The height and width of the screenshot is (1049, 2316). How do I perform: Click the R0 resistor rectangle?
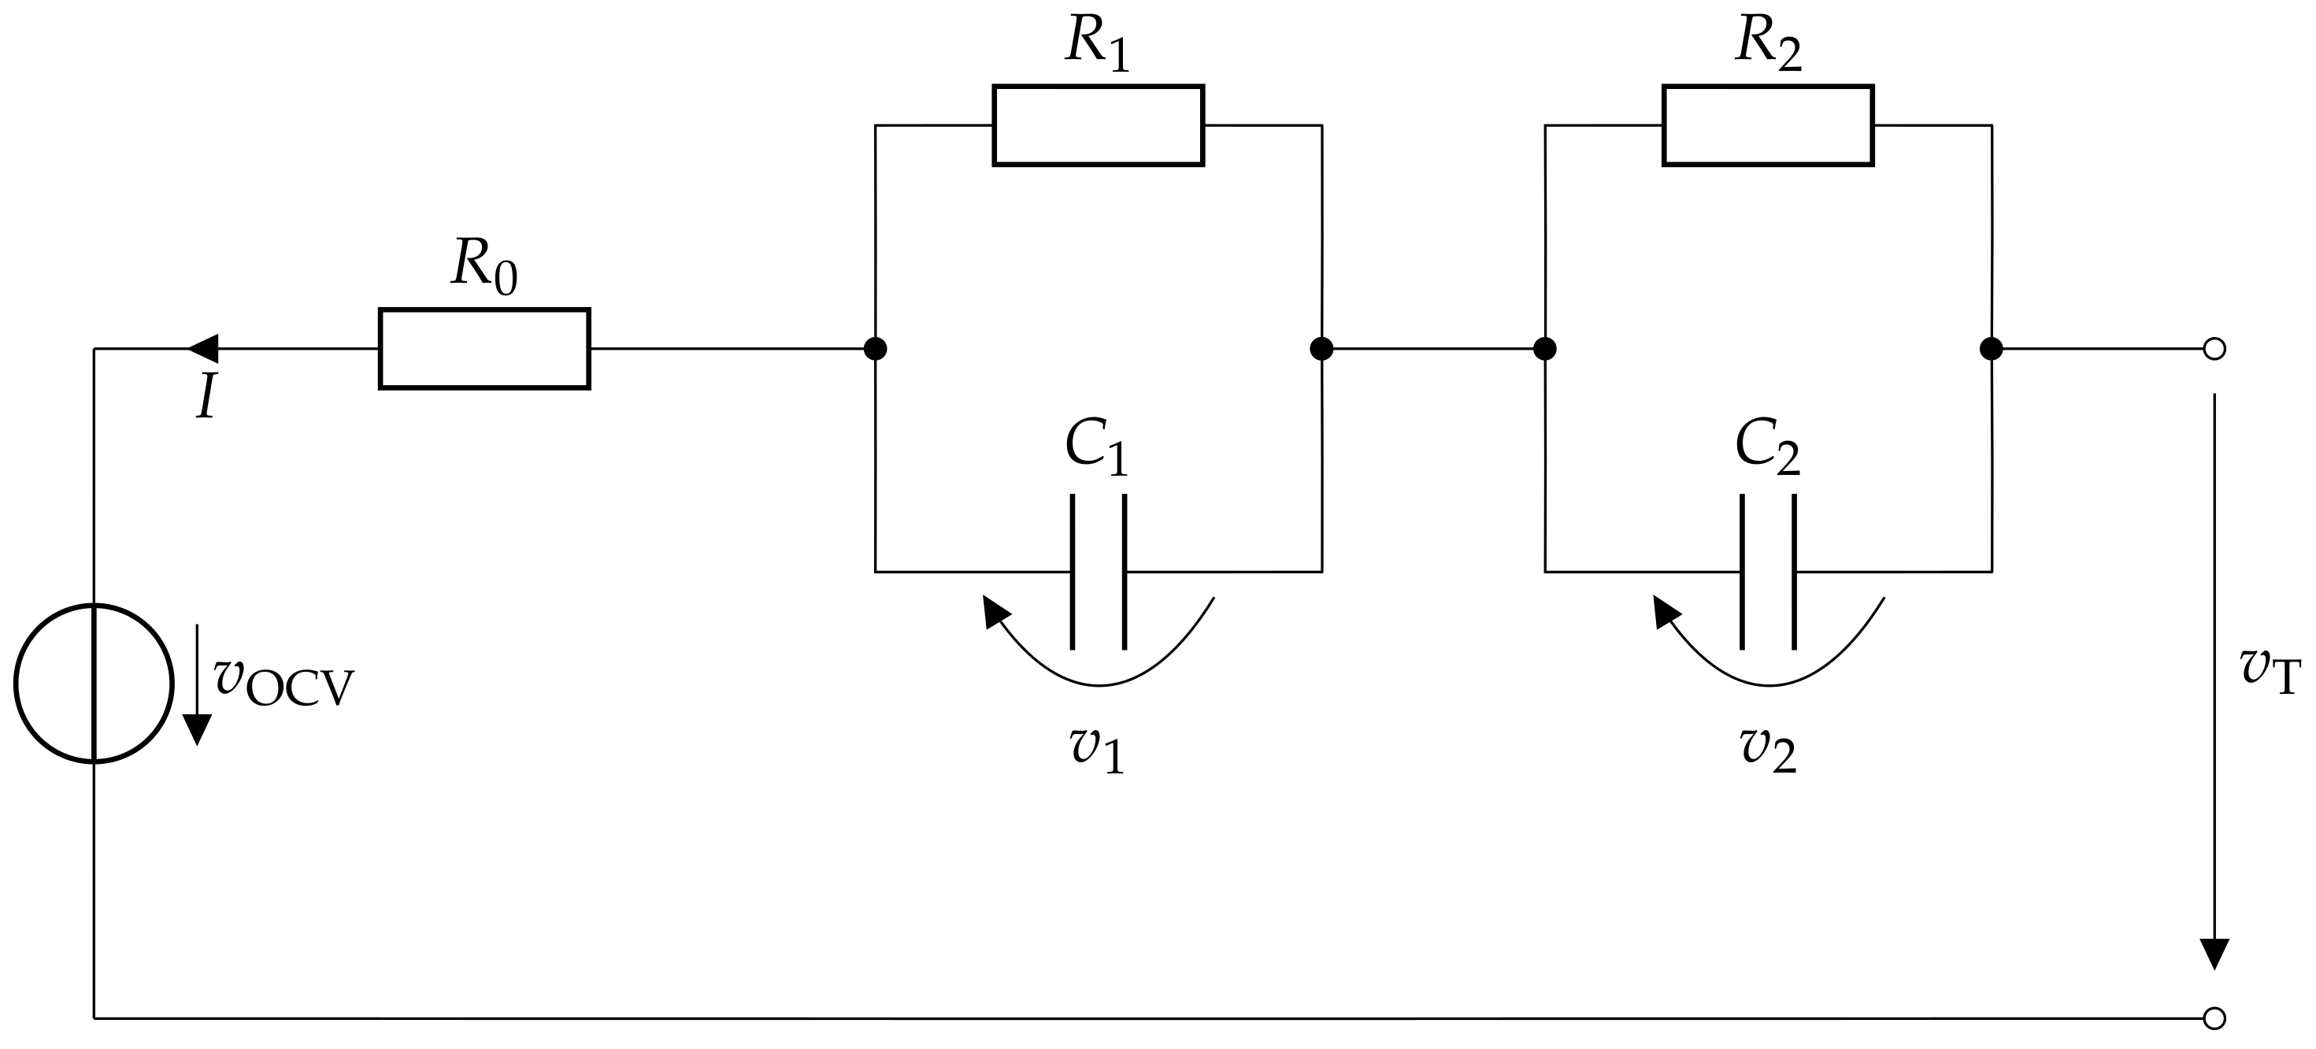pos(484,348)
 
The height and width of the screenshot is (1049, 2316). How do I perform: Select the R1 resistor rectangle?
pos(1097,125)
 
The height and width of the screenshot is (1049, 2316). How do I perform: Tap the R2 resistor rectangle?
pos(1768,125)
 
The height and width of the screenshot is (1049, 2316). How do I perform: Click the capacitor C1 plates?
pos(1098,572)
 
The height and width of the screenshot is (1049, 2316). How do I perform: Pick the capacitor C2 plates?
pos(1768,572)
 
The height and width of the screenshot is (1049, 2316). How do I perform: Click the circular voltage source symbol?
pos(94,683)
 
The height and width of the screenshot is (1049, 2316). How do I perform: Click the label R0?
pos(484,266)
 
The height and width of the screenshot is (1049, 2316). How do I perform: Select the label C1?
pos(1096,447)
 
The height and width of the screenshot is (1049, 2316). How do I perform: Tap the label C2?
pos(1766,447)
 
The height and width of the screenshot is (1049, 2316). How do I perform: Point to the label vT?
pos(2270,670)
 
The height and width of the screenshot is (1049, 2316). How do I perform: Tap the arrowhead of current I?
pos(203,348)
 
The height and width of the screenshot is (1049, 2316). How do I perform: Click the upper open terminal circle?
pos(2214,349)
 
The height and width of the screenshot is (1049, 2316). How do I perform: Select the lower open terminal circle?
pos(2214,1018)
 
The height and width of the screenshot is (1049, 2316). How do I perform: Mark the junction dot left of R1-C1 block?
pos(875,349)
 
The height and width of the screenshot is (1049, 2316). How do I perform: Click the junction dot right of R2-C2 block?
pos(1992,349)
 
